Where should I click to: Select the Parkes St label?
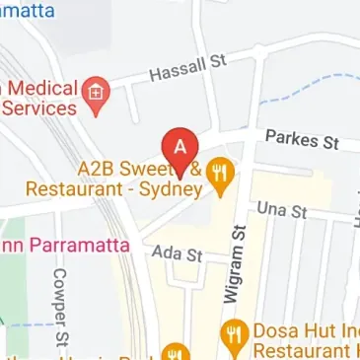click(308, 138)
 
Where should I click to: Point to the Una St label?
click(282, 210)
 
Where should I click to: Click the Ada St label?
click(177, 254)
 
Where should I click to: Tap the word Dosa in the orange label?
click(276, 326)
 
